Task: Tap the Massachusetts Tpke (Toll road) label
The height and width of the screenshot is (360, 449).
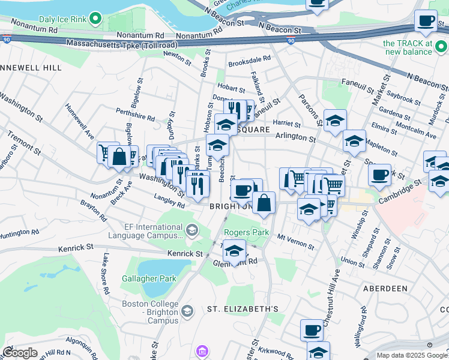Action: [122, 44]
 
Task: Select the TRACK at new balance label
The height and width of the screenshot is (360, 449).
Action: [408, 47]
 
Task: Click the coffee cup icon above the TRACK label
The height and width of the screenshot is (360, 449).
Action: [426, 21]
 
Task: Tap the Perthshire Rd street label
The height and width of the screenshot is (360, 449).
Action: [136, 115]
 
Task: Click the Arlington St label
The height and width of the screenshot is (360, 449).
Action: [295, 138]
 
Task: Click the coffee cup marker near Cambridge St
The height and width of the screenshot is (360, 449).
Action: [379, 175]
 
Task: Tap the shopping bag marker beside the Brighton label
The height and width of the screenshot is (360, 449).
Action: [264, 203]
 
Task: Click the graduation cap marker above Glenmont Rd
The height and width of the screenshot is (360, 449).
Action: [234, 251]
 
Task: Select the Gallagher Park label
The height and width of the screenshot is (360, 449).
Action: [149, 278]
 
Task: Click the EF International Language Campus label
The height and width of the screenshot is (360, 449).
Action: [154, 232]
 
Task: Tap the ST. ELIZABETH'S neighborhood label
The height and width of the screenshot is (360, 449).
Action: [243, 309]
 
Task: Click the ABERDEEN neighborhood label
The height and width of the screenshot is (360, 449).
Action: [385, 289]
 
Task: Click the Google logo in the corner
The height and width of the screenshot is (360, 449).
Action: [20, 353]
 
